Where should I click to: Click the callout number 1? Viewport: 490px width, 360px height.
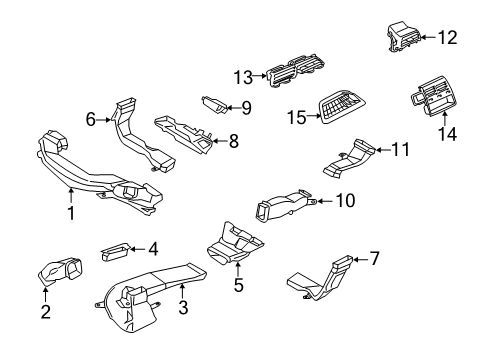pyautogui.click(x=70, y=211)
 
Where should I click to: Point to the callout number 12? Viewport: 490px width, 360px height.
pyautogui.click(x=447, y=38)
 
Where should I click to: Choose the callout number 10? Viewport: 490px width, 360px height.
pyautogui.click(x=344, y=201)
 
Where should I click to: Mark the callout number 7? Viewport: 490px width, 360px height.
pyautogui.click(x=374, y=259)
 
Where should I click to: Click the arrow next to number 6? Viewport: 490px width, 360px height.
pyautogui.click(x=105, y=119)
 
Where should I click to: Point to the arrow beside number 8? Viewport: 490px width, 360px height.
pyautogui.click(x=217, y=141)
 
